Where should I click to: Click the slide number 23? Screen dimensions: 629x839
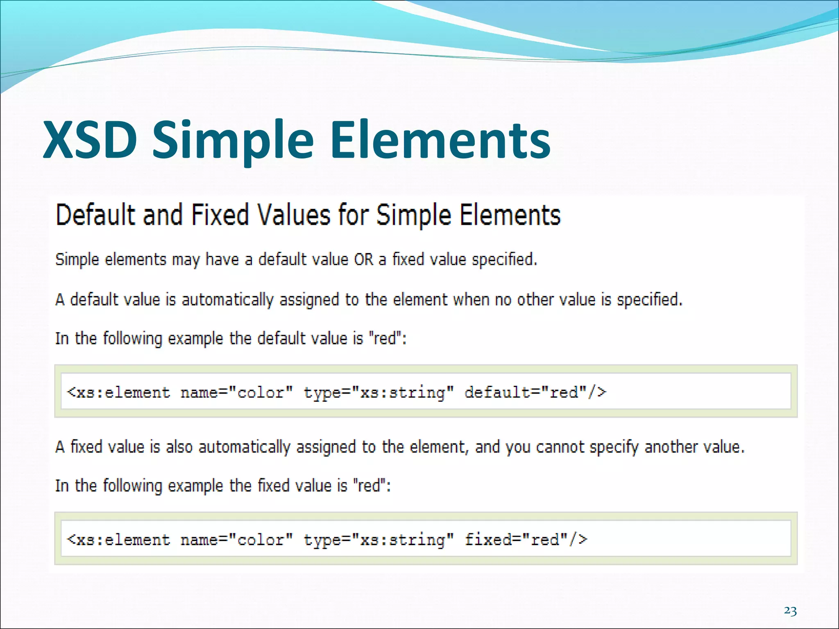click(790, 611)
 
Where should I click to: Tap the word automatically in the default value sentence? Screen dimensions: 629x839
click(227, 300)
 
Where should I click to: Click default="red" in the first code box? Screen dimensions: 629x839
click(535, 392)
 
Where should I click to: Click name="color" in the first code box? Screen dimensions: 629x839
click(237, 392)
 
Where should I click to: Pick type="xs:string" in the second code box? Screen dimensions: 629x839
click(379, 540)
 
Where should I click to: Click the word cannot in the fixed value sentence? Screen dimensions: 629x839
click(560, 447)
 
